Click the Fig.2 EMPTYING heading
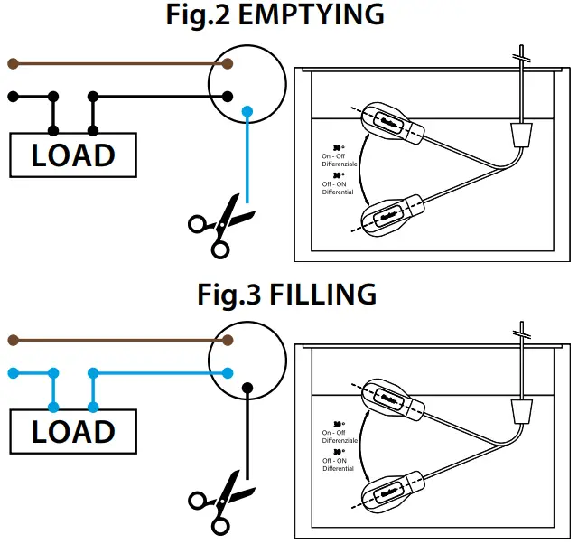(x=288, y=15)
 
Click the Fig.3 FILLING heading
(x=287, y=294)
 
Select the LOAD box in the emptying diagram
(x=73, y=155)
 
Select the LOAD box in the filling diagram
(x=73, y=431)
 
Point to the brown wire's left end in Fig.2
(x=12, y=64)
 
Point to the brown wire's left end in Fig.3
(x=12, y=341)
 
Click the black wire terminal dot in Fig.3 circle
(x=247, y=389)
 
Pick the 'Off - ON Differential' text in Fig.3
(x=338, y=464)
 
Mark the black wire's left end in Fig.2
(x=12, y=96)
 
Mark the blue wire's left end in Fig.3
(x=12, y=372)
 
